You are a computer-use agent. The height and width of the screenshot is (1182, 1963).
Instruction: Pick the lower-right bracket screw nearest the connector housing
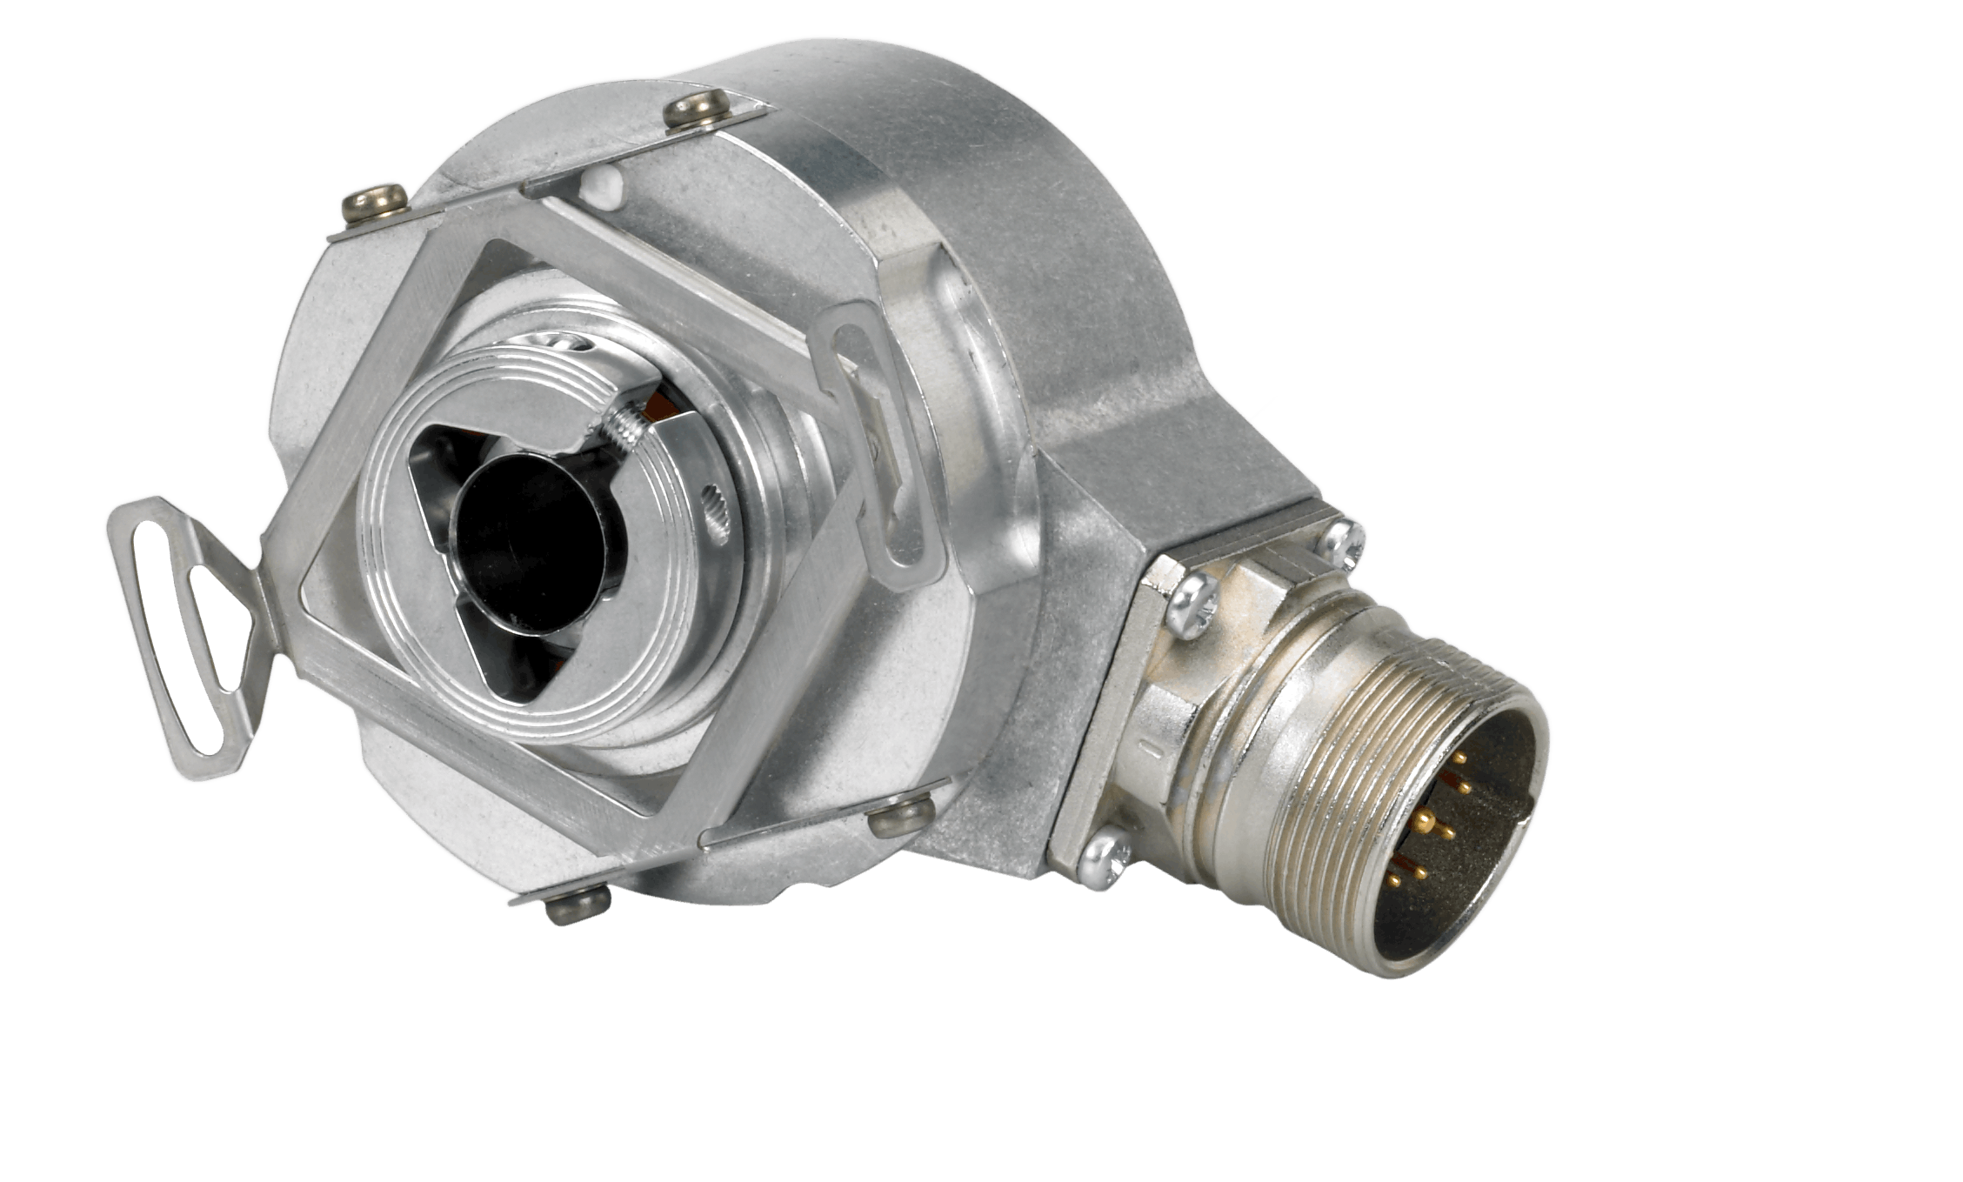pyautogui.click(x=900, y=818)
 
